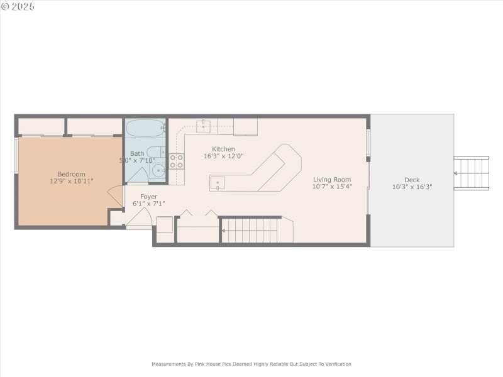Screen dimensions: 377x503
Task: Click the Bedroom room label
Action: (71, 174)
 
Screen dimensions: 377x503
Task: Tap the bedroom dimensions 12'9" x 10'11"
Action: (71, 182)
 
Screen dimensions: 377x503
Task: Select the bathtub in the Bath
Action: (145, 129)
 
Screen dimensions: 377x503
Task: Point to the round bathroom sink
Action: (157, 170)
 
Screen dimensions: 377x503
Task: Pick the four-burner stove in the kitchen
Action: (177, 161)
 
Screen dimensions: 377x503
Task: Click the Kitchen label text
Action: (223, 149)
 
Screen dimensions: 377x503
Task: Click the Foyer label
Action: (148, 197)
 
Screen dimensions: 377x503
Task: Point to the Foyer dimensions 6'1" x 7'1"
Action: (148, 204)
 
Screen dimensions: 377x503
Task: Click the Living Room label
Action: (332, 179)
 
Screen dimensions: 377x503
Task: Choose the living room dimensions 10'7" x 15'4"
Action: (332, 187)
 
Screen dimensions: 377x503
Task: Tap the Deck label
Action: (412, 179)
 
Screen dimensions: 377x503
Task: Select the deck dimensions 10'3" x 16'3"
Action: (412, 187)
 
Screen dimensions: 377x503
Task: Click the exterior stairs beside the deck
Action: (472, 174)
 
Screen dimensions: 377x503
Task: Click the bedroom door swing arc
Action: (115, 197)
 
